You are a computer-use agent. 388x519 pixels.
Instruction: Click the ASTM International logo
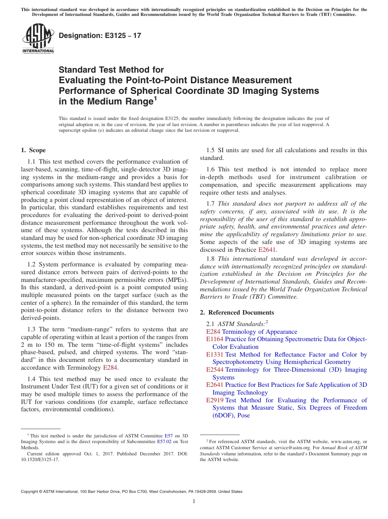[x=38, y=39]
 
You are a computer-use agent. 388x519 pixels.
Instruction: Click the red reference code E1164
[x=215, y=339]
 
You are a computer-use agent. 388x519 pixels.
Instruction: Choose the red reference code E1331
[x=215, y=355]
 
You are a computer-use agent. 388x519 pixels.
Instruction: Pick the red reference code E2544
[x=215, y=370]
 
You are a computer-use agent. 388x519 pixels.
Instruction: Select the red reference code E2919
[x=215, y=400]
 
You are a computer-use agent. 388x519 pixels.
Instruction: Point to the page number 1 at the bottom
[x=194, y=501]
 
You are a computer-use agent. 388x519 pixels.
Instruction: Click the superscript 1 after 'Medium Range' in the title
[x=155, y=99]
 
